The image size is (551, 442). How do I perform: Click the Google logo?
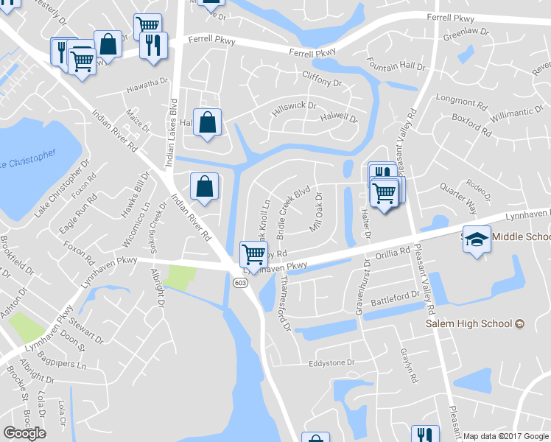(25, 433)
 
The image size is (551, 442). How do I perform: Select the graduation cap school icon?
(477, 240)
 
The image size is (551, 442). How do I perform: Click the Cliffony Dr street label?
(322, 77)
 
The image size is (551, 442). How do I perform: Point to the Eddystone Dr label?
(331, 363)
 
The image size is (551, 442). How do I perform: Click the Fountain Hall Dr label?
(396, 66)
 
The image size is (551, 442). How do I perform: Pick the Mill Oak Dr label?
(317, 213)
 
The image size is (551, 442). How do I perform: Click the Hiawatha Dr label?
(147, 85)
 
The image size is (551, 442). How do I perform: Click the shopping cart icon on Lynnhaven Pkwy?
(253, 254)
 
